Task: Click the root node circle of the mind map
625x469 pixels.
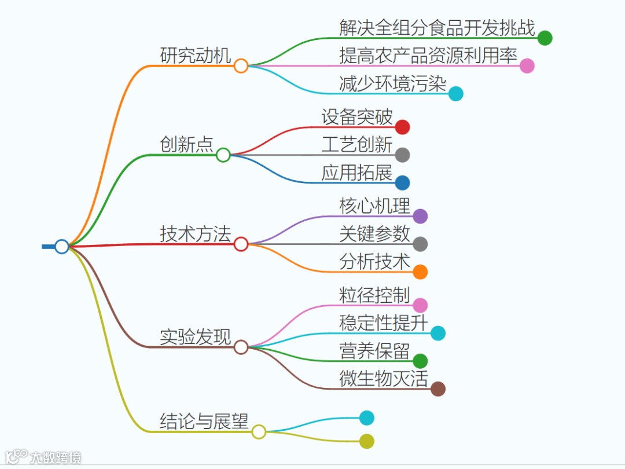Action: tap(61, 246)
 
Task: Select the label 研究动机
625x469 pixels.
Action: tap(196, 56)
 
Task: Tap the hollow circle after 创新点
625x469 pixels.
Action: tap(223, 155)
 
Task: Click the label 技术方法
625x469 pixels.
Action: tap(196, 234)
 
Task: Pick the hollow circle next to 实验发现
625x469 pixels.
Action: tap(241, 347)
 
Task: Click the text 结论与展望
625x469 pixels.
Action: tap(204, 421)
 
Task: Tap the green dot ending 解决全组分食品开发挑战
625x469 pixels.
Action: tap(545, 38)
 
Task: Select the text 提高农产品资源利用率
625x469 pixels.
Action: tap(428, 56)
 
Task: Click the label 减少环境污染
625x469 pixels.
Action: tap(392, 83)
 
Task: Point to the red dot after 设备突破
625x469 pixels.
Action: tap(403, 127)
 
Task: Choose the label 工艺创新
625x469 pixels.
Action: tap(357, 145)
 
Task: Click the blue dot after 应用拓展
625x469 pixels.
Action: tap(403, 182)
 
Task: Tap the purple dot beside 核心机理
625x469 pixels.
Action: tap(420, 216)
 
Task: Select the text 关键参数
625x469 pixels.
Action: tap(374, 233)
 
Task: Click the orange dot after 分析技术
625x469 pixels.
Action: tap(420, 272)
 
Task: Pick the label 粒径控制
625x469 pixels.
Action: tap(374, 295)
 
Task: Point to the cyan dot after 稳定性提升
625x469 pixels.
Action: tap(438, 333)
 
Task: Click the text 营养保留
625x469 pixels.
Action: tap(374, 351)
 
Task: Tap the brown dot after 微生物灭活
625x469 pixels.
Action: tap(438, 389)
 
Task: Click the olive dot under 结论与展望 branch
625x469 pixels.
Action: tap(367, 441)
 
